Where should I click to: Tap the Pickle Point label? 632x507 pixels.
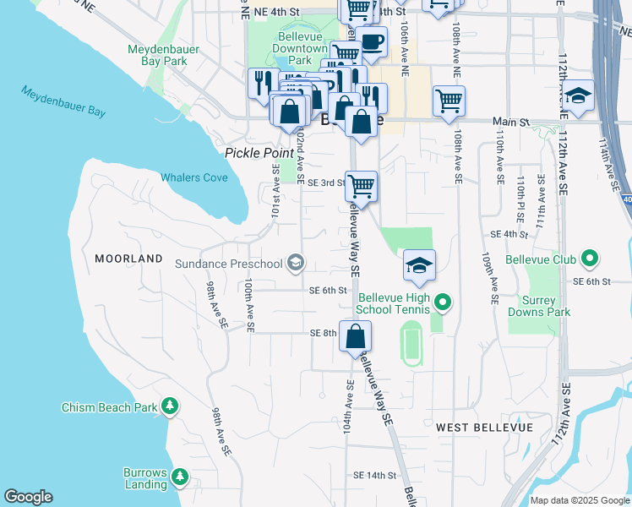(x=252, y=153)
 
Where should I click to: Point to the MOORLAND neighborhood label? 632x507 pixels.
(x=128, y=258)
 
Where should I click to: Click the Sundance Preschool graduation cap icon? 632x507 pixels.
(x=295, y=264)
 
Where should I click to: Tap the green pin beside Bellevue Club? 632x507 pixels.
(x=590, y=259)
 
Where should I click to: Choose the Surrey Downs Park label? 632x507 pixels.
(x=539, y=306)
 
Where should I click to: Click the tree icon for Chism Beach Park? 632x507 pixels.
(x=170, y=407)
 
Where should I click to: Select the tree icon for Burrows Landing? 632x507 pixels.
(x=179, y=478)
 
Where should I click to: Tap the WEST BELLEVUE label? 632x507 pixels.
(x=484, y=428)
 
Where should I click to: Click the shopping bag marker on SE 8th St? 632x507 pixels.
(x=356, y=335)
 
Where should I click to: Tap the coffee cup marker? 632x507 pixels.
(x=371, y=41)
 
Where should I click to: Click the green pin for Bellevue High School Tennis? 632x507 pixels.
(x=443, y=301)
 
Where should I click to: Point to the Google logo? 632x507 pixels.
(x=28, y=497)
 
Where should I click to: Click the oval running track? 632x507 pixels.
(x=411, y=343)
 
